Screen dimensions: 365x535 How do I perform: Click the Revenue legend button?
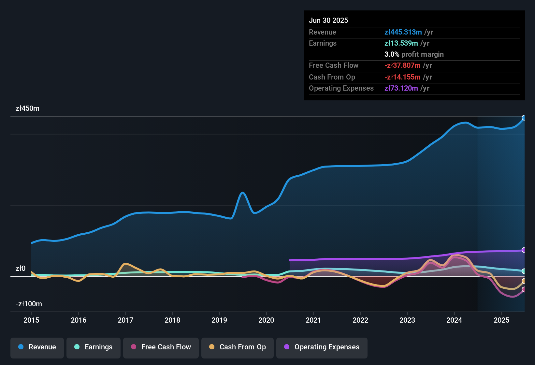(37, 347)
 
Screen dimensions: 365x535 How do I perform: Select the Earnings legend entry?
(94, 347)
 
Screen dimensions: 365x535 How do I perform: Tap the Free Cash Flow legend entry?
(161, 347)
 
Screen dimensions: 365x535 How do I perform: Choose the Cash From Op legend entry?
(238, 347)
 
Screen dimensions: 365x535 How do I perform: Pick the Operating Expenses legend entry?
(322, 347)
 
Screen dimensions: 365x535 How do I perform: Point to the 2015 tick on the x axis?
(31, 320)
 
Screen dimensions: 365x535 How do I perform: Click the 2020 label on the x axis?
(266, 320)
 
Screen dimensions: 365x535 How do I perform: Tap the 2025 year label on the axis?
(501, 320)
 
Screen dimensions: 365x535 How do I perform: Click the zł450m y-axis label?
(27, 109)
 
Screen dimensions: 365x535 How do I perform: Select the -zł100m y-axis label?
(29, 304)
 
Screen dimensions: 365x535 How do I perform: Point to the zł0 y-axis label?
(21, 269)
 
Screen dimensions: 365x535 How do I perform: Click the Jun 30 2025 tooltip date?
(328, 21)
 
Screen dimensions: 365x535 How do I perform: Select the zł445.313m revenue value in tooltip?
(403, 32)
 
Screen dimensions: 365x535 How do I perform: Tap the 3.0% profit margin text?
(414, 54)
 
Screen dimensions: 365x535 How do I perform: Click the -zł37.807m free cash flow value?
(402, 66)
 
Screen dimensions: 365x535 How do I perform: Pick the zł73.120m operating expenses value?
(401, 88)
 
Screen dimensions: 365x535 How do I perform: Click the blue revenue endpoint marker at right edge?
(524, 118)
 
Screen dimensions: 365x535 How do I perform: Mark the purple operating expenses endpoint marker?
(524, 250)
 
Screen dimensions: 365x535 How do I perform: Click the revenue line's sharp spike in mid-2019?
(242, 193)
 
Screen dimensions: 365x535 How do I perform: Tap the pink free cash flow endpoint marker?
(524, 289)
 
